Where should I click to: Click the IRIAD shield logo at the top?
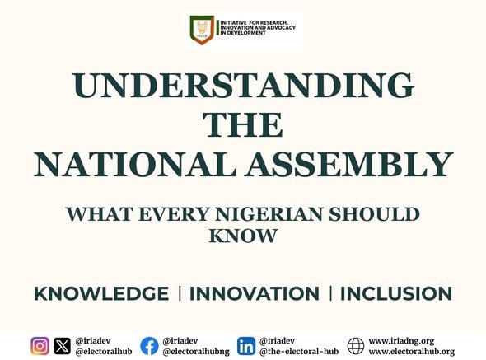pos(201,30)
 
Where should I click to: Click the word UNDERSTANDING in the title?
pos(243,86)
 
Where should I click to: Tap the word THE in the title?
pos(243,125)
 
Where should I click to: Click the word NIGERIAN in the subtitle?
pos(264,214)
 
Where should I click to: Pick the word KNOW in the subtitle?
pos(243,236)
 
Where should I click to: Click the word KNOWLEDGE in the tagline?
pos(101,294)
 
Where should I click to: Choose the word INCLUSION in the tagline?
pos(396,294)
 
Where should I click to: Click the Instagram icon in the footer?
pos(40,346)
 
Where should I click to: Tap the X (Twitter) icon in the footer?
pos(62,346)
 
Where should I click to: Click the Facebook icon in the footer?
pos(149,346)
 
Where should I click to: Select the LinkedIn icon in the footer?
pos(245,346)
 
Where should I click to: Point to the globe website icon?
pos(356,346)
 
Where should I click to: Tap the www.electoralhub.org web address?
pos(411,352)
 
